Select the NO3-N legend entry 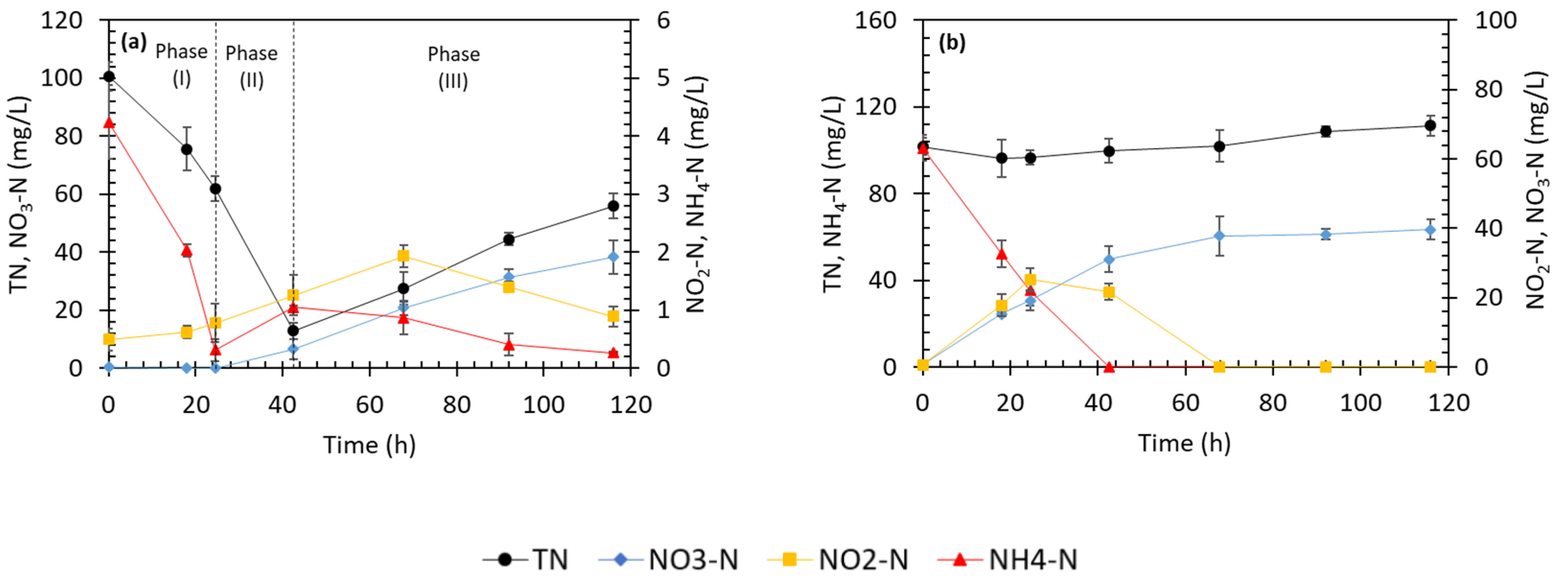point(669,559)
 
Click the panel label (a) point(134,42)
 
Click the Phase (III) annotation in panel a point(453,67)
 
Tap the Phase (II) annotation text point(251,66)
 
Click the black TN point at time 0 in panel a point(109,76)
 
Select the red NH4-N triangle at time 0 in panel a point(109,123)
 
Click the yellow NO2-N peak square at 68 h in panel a point(403,256)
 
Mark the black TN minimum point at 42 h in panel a point(293,330)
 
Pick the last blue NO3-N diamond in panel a point(613,257)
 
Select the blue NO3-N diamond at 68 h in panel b point(1219,236)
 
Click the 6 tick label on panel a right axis point(664,21)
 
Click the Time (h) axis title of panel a point(369,445)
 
